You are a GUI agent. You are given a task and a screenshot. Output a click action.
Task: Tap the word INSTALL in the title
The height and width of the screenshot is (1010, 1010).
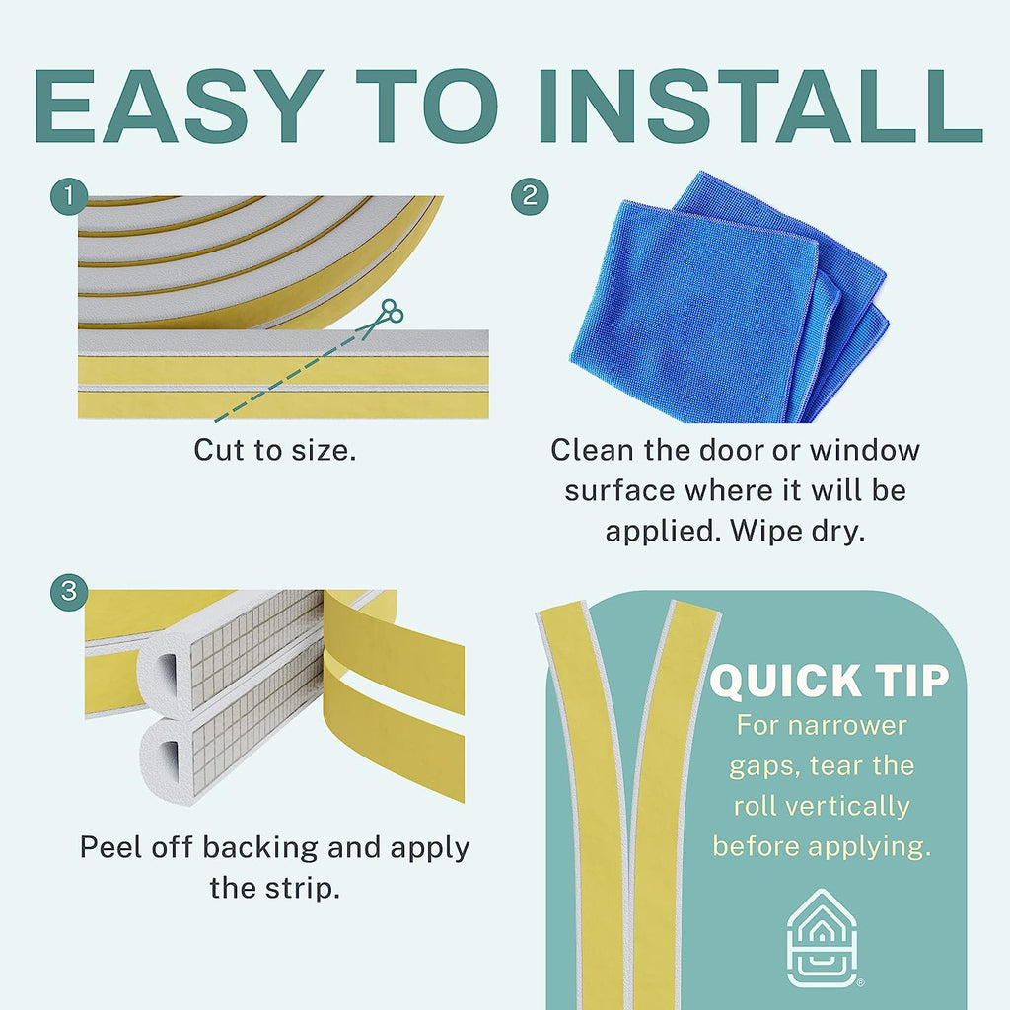click(x=760, y=106)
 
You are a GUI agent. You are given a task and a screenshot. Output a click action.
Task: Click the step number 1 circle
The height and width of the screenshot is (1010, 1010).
click(x=69, y=196)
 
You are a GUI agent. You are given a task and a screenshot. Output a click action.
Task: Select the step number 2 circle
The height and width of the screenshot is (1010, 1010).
click(x=530, y=196)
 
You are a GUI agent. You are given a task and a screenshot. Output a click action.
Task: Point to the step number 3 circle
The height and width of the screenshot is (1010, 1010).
click(x=69, y=592)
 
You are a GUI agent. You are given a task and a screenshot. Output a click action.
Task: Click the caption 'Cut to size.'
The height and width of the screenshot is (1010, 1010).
click(x=275, y=450)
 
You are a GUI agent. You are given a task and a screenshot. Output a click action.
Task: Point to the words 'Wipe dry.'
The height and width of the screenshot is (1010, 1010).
click(x=797, y=531)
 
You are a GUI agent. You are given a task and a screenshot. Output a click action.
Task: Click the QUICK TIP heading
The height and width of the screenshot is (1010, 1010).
click(x=830, y=681)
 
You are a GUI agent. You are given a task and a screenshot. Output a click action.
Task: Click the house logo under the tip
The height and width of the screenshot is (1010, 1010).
click(x=823, y=939)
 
